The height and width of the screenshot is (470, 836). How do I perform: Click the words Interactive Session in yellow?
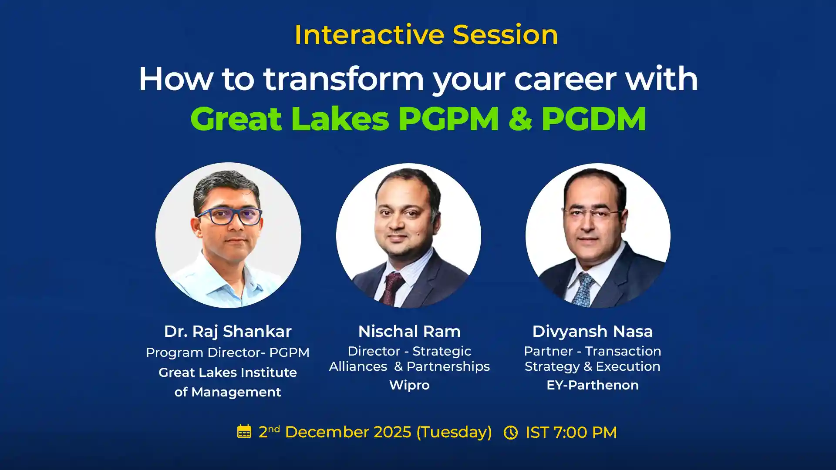point(426,35)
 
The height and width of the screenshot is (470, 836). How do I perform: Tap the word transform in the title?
point(344,79)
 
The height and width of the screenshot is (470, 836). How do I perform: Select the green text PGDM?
point(593,119)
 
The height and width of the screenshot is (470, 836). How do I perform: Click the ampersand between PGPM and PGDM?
point(520,119)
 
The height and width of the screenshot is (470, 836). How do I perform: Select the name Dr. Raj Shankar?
point(227,332)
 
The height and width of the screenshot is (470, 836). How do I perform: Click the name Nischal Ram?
point(409,332)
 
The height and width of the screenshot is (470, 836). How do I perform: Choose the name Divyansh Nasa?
point(592,332)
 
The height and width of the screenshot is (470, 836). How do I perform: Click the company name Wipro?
point(409,385)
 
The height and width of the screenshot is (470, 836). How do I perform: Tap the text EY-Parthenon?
point(592,385)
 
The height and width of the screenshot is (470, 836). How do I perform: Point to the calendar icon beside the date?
point(244,432)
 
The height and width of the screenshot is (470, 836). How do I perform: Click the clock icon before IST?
point(510,433)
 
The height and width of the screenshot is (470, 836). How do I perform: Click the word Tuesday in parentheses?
point(454,432)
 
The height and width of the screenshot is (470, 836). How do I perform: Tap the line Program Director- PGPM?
point(227,352)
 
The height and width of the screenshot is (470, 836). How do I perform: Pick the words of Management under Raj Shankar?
point(227,392)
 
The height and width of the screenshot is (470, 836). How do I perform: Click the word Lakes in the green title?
point(340,119)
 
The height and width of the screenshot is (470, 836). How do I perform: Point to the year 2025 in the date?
point(392,432)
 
